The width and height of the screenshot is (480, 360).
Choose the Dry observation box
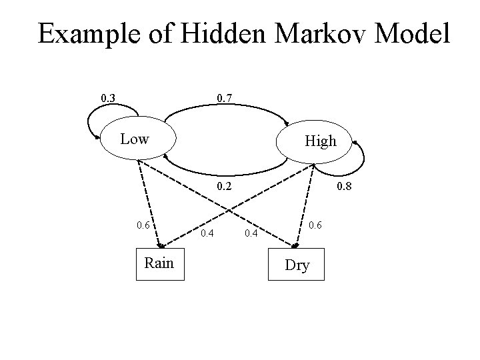coord(297,265)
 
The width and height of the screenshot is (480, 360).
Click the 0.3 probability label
coord(107,99)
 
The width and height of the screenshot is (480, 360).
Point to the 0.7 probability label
coord(225,99)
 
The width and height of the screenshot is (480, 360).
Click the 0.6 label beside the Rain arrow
coord(143,225)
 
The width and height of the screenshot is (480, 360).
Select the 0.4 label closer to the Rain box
coord(208,233)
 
